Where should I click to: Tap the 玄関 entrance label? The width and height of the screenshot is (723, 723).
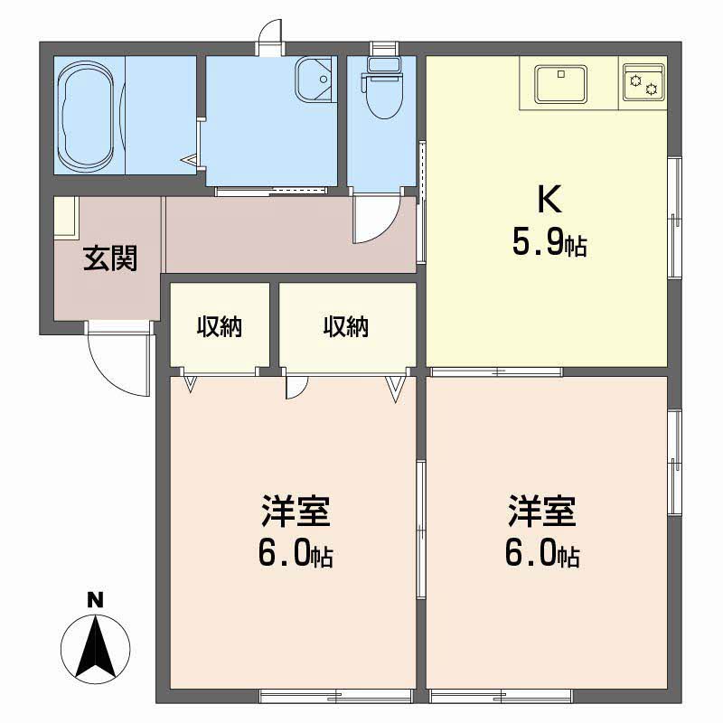[x=110, y=259]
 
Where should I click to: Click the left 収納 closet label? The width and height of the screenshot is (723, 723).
[x=220, y=327]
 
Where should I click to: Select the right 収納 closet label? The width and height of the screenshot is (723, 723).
[x=346, y=327]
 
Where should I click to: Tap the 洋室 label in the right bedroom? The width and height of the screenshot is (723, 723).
[x=541, y=512]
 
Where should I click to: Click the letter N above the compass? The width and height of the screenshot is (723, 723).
[x=93, y=598]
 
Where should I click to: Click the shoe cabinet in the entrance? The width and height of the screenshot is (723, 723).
[x=64, y=217]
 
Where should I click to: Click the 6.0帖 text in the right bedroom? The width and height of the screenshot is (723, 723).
[x=541, y=553]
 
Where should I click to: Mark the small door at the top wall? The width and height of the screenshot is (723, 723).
[x=269, y=38]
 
